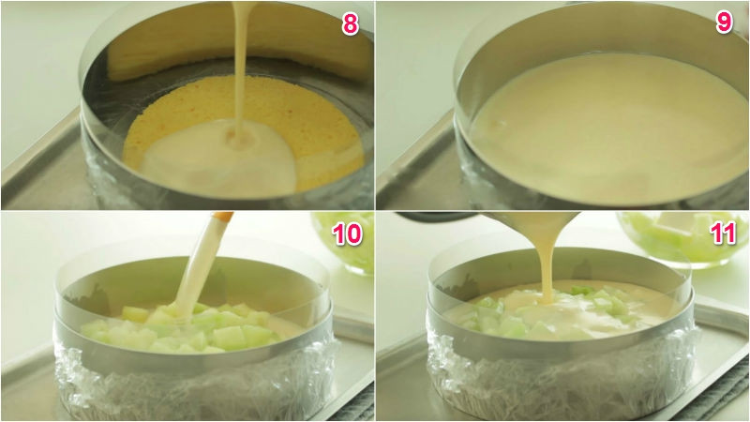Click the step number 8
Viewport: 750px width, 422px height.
(350, 23)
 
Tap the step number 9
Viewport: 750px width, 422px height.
(724, 22)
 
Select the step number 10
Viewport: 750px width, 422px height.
(347, 234)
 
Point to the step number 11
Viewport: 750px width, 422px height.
(722, 234)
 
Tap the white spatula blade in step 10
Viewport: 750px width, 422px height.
(196, 268)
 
